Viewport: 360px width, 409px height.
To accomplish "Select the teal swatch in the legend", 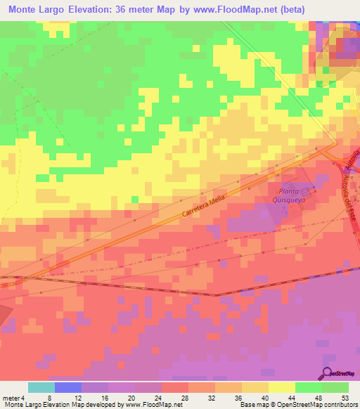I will (41, 387).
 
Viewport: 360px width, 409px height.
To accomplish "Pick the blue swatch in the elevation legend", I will (68, 387).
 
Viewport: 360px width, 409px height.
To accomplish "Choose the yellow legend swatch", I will (281, 387).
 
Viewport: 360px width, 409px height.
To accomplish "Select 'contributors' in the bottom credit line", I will (340, 405).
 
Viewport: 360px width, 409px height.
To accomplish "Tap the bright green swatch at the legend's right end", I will (335, 387).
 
